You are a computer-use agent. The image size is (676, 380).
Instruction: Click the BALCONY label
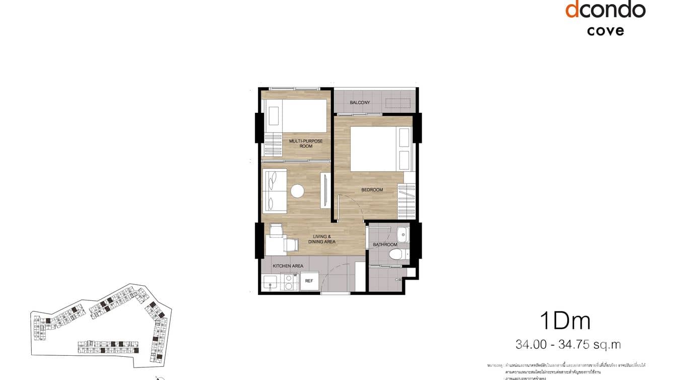pos(360,103)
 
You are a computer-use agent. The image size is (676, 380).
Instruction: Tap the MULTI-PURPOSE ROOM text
pos(305,144)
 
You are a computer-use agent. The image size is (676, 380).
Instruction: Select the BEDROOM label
pos(372,190)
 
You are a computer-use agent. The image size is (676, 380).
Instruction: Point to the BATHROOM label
pos(385,245)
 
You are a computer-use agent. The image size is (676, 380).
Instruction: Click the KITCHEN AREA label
pos(288,266)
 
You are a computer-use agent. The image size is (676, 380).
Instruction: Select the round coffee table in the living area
pos(297,191)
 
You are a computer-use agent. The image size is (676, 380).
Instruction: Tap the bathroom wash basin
pos(402,234)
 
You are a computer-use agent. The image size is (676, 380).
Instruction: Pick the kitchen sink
pos(271,283)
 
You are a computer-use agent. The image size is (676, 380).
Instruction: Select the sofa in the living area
pos(275,191)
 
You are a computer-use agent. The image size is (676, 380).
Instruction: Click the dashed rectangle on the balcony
pos(398,103)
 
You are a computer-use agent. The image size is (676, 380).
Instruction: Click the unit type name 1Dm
pos(565,321)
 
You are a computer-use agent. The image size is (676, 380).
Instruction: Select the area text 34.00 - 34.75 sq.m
pos(568,345)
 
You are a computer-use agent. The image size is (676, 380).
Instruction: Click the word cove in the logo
pos(605,30)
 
